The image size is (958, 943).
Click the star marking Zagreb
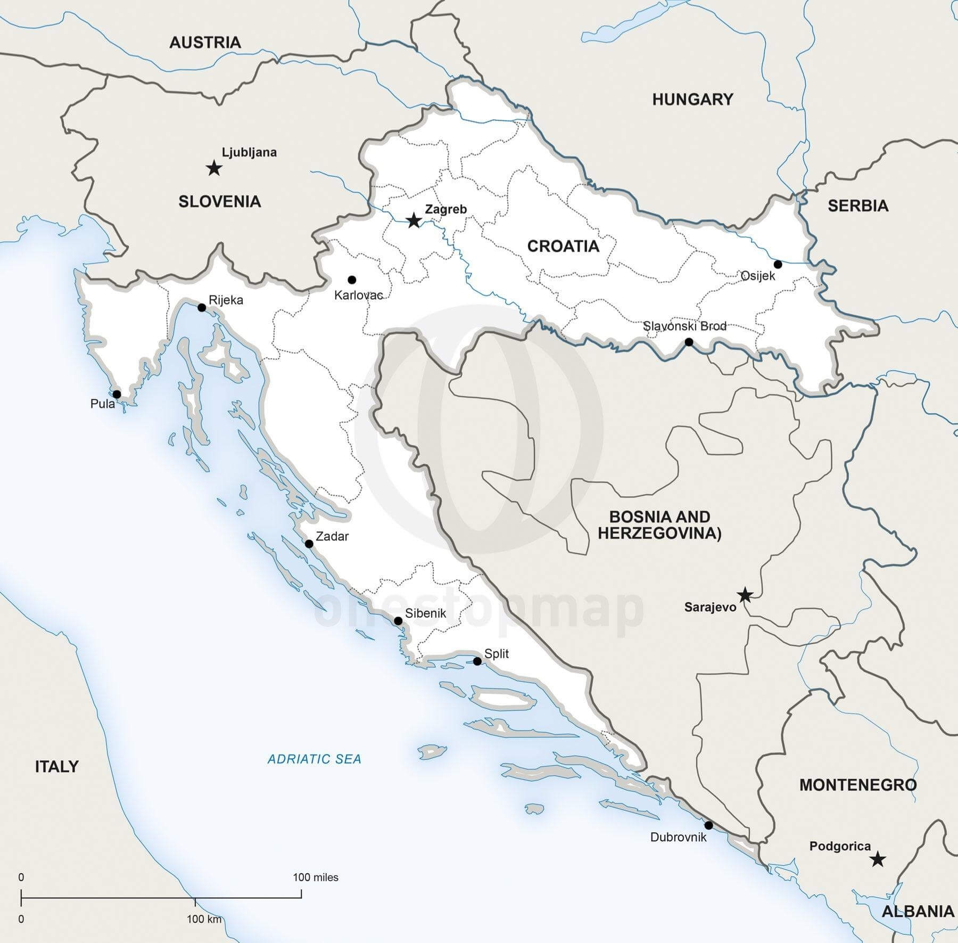(414, 220)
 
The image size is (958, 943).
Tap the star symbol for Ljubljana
(214, 169)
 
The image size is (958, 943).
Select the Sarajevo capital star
(745, 595)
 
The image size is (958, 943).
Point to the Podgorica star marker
(877, 859)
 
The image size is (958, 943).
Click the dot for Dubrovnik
(708, 825)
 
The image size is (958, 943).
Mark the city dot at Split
(477, 661)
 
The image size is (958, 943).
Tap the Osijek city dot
(778, 264)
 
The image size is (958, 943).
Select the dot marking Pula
(117, 394)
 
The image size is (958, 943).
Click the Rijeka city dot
(202, 307)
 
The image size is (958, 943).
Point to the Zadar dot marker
(309, 544)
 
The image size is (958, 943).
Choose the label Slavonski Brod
(684, 326)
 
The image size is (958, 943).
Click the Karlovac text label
(358, 295)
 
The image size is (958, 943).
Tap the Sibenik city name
(425, 613)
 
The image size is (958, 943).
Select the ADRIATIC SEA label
(314, 759)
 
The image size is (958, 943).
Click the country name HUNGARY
(692, 99)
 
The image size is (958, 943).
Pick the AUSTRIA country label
(205, 43)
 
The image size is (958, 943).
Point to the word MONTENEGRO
(857, 784)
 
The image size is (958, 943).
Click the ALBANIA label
(917, 911)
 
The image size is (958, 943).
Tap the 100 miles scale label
(315, 877)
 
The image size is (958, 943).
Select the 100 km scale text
(203, 919)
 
